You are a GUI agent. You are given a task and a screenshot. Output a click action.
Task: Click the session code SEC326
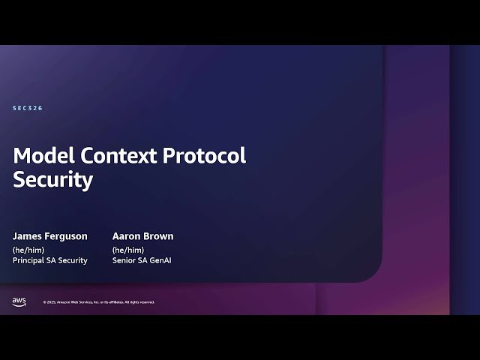28,109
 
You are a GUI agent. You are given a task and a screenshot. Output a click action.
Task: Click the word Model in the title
42,156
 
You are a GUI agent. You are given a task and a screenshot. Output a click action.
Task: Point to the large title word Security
53,180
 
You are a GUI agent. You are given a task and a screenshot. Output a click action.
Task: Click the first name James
28,236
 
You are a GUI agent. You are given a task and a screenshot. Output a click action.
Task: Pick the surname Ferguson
68,236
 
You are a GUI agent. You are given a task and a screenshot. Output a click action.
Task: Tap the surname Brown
160,236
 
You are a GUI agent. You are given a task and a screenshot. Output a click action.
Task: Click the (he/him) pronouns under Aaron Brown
128,249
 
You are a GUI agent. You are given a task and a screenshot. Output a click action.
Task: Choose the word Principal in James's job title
30,260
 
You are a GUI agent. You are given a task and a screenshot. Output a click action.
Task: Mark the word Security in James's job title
73,260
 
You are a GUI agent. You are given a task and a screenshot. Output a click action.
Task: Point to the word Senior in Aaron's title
124,260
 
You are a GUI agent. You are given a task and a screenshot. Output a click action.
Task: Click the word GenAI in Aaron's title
163,260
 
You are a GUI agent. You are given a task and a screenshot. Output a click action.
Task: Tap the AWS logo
19,301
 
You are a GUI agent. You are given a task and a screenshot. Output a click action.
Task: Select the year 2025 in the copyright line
50,302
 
